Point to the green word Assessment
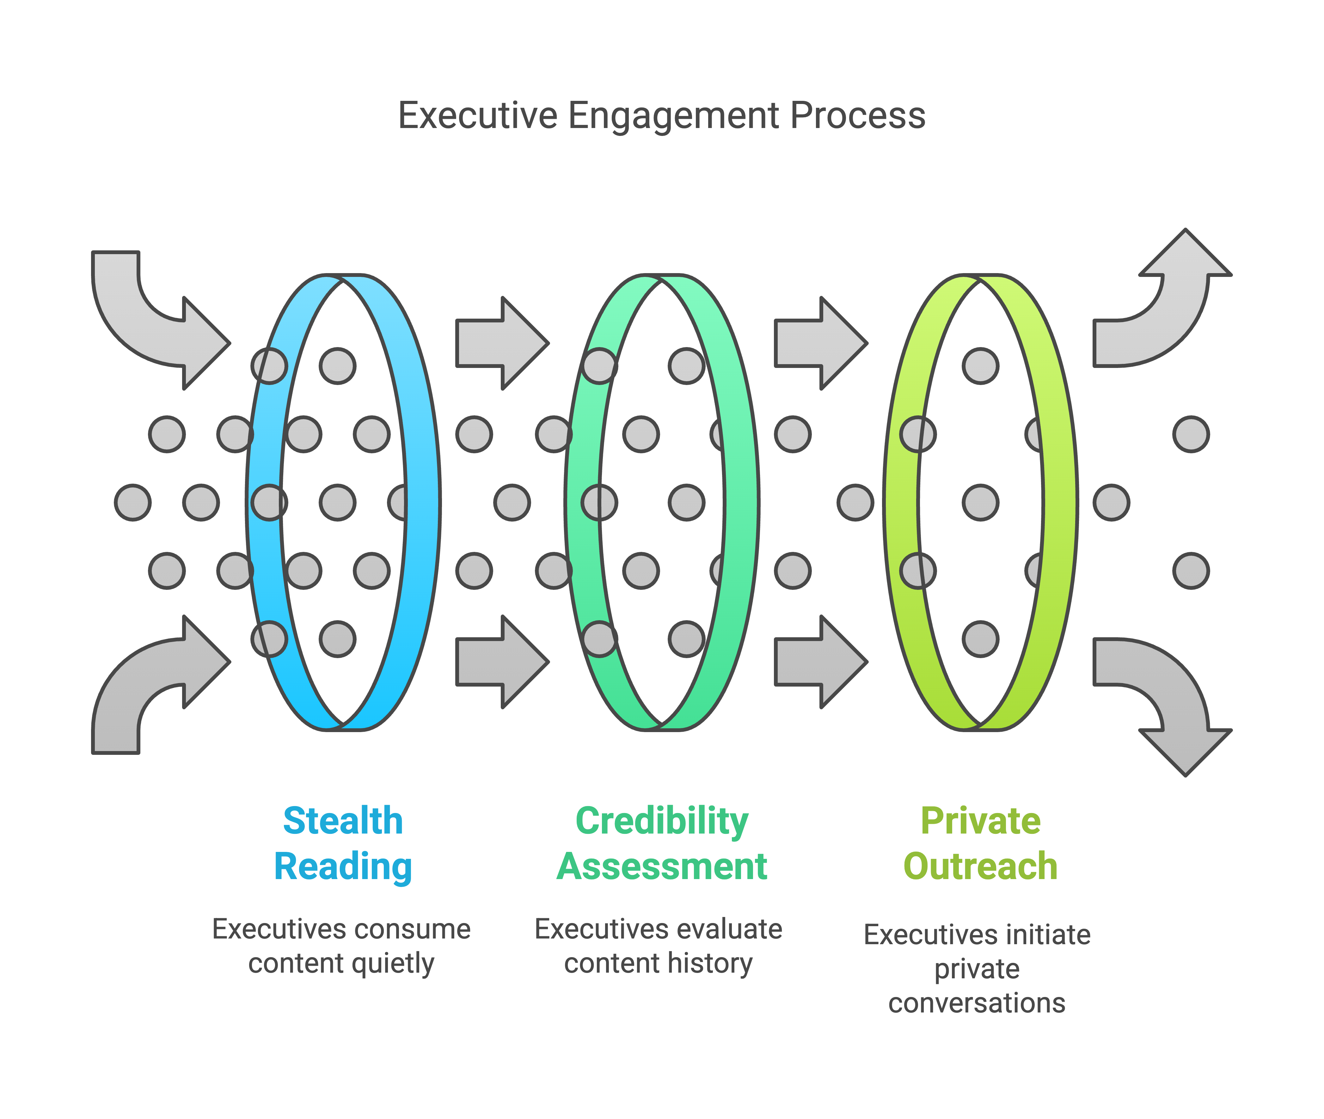coord(662,866)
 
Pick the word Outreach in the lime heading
coord(980,866)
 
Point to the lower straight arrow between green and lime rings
coord(821,662)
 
